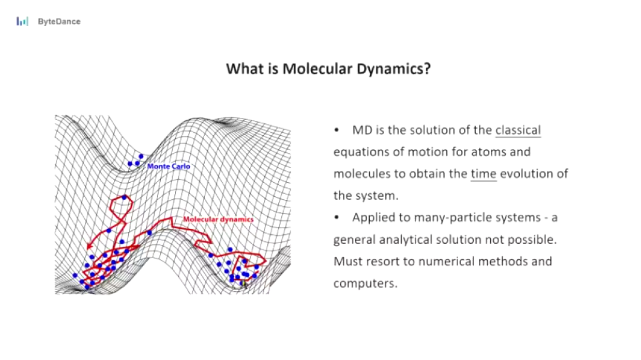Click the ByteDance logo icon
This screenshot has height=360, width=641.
pyautogui.click(x=23, y=21)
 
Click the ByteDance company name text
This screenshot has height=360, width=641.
pyautogui.click(x=59, y=22)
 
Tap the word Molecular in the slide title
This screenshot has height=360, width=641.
pyautogui.click(x=317, y=69)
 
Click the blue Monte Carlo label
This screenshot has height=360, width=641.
pyautogui.click(x=169, y=166)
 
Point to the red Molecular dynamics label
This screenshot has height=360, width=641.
pyautogui.click(x=218, y=219)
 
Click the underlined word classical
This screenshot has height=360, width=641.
pyautogui.click(x=518, y=130)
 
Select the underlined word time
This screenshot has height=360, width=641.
pyautogui.click(x=484, y=174)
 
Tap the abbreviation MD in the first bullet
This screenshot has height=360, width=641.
pyautogui.click(x=362, y=130)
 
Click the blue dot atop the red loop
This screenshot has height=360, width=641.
pyautogui.click(x=124, y=197)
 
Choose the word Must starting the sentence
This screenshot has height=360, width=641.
pyautogui.click(x=348, y=261)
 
